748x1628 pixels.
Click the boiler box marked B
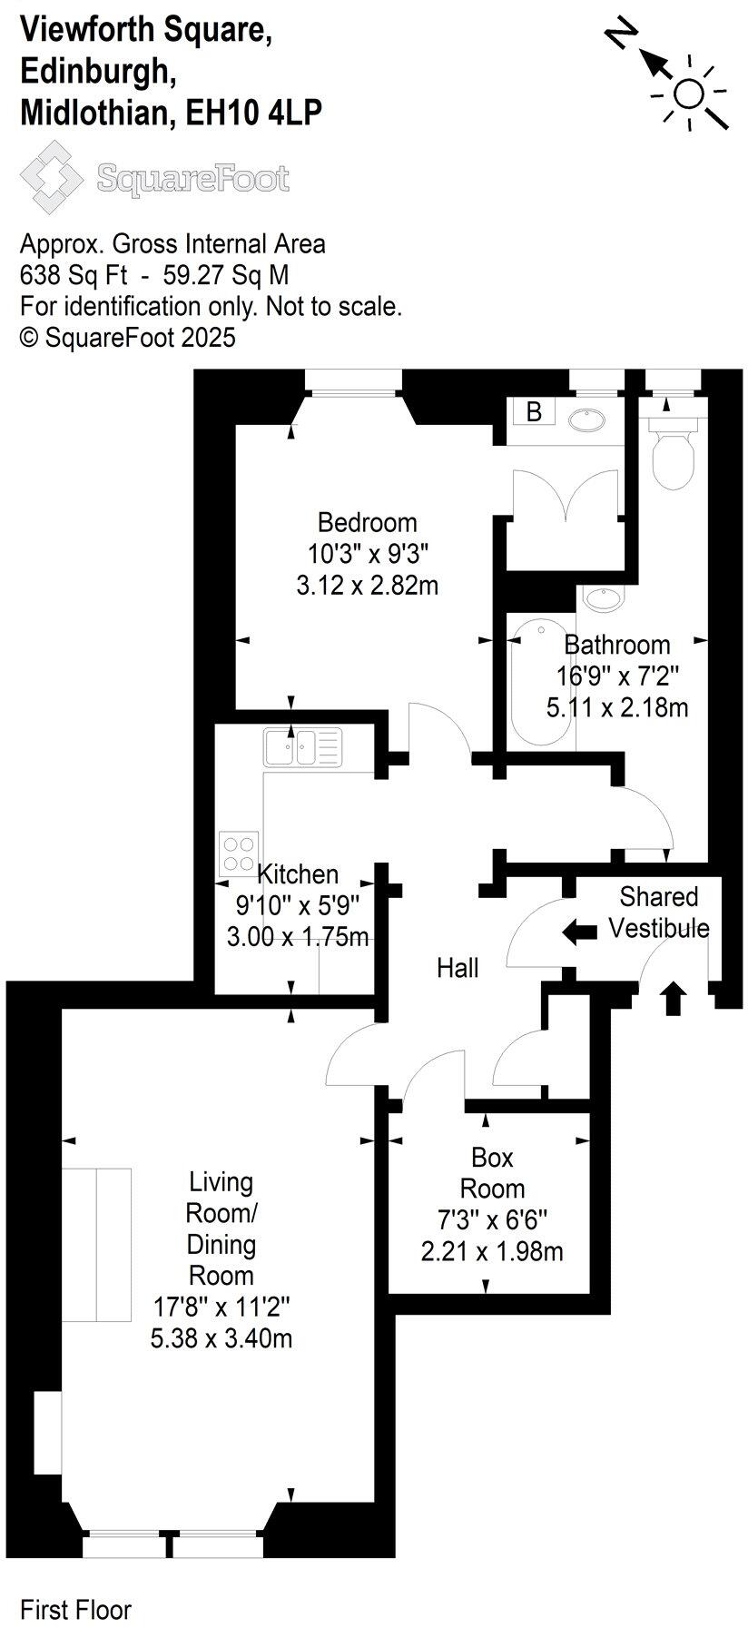click(534, 411)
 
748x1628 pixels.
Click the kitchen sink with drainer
click(302, 747)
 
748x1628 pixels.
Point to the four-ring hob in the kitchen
click(239, 853)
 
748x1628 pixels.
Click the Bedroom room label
click(368, 522)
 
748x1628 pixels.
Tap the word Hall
click(458, 968)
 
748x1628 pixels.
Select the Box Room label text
click(492, 1173)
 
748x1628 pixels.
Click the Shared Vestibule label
click(659, 913)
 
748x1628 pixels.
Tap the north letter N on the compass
click(620, 35)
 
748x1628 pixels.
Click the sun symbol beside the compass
click(689, 94)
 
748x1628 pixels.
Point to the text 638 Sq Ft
click(74, 275)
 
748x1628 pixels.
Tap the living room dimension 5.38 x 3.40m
click(221, 1338)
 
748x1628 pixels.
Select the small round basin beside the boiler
click(587, 419)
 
